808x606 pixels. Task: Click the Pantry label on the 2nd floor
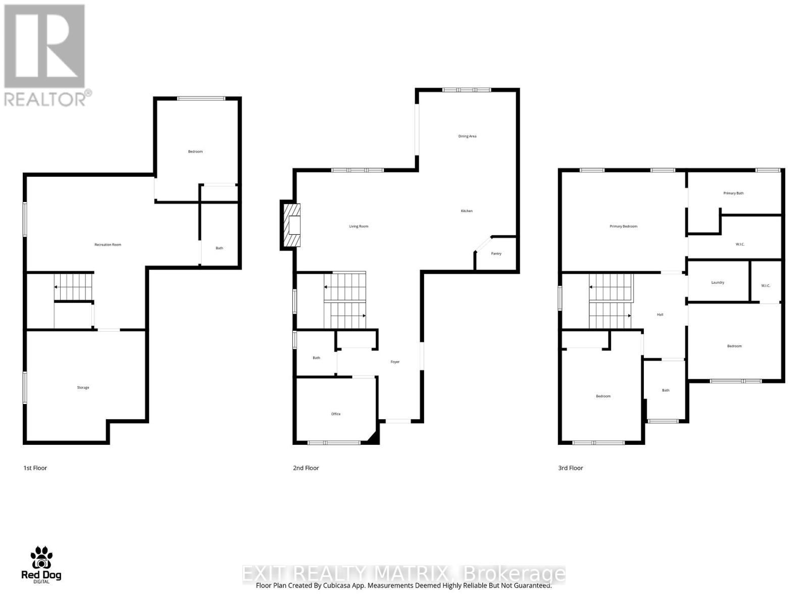(496, 254)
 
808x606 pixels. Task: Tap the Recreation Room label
(108, 245)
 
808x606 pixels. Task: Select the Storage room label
(83, 388)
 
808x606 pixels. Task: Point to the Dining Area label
(467, 136)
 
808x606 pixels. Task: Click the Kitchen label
(467, 211)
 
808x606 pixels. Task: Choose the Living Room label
(359, 227)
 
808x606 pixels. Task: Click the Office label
(336, 414)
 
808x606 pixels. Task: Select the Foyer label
(395, 362)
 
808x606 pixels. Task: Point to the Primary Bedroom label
(623, 227)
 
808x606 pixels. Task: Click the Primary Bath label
(733, 193)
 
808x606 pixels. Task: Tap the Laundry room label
(718, 283)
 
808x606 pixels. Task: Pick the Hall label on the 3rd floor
(660, 315)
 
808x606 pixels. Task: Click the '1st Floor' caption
(35, 468)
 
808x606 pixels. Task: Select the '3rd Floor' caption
(571, 468)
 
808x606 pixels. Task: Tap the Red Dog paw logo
(41, 558)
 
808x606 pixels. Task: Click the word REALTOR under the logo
(45, 99)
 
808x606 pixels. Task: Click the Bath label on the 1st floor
(219, 248)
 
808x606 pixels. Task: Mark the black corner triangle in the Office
(373, 438)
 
